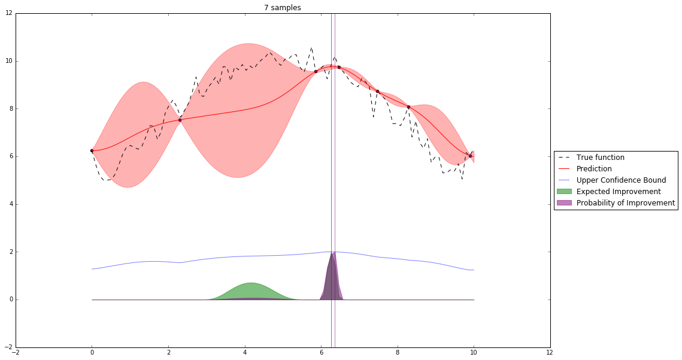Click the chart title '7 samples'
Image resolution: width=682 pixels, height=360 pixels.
(x=283, y=8)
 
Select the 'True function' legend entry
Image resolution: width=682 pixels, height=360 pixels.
(x=600, y=158)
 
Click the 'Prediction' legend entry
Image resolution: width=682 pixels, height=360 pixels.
(x=594, y=169)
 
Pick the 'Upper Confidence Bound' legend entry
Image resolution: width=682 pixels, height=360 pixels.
(x=617, y=180)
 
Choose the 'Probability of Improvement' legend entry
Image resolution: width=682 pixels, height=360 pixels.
(x=625, y=203)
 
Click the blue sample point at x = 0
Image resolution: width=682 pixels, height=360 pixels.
(x=92, y=150)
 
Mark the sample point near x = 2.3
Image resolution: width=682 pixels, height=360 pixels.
(x=180, y=120)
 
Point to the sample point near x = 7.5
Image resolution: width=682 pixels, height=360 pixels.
(x=377, y=91)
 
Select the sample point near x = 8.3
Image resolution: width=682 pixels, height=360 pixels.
(x=408, y=107)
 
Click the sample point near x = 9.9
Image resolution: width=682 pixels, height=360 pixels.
(x=470, y=156)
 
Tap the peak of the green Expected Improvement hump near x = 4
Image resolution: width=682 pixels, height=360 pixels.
(x=251, y=283)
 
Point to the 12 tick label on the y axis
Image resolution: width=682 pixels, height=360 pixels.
(x=8, y=13)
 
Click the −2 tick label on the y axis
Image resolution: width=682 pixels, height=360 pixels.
(x=7, y=347)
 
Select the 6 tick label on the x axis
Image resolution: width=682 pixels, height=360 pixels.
(x=321, y=353)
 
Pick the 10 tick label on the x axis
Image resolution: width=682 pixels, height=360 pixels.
(x=474, y=353)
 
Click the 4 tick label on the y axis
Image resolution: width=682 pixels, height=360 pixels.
(x=9, y=204)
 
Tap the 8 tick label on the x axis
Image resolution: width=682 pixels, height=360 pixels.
(x=398, y=353)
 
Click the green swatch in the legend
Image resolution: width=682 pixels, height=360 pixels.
(x=565, y=192)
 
